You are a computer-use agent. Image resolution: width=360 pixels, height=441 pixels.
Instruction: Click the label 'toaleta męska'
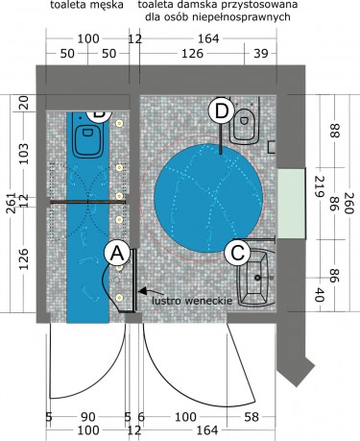click(87, 5)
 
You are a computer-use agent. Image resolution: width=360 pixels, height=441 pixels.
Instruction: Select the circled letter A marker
click(117, 254)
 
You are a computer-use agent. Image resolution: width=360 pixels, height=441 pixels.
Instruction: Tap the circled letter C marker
click(237, 253)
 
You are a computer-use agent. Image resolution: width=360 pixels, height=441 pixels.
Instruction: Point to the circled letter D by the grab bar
click(222, 110)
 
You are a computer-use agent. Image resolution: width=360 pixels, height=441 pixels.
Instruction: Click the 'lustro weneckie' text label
click(192, 301)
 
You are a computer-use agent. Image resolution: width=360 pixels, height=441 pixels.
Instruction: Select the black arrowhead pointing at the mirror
click(143, 291)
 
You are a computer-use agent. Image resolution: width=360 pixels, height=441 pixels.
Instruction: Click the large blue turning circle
click(208, 198)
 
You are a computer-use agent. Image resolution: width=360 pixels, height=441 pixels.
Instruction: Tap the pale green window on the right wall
click(291, 204)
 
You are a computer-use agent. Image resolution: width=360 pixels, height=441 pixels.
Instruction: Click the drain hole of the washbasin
click(257, 278)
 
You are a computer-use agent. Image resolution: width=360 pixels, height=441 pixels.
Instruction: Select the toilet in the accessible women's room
click(245, 120)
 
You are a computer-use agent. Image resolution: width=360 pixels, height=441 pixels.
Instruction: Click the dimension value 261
click(11, 203)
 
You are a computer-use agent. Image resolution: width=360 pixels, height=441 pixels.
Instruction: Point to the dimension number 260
click(348, 204)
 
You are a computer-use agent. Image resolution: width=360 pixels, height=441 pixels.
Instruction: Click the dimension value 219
click(320, 186)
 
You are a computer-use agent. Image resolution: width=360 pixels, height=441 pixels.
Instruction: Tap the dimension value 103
click(24, 154)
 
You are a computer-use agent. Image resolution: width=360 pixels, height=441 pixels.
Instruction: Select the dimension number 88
click(334, 131)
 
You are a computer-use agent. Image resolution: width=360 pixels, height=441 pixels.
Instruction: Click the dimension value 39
click(261, 54)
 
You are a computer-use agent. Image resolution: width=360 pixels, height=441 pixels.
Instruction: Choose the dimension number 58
click(252, 417)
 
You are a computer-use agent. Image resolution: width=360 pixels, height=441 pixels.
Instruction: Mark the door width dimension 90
click(88, 417)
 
